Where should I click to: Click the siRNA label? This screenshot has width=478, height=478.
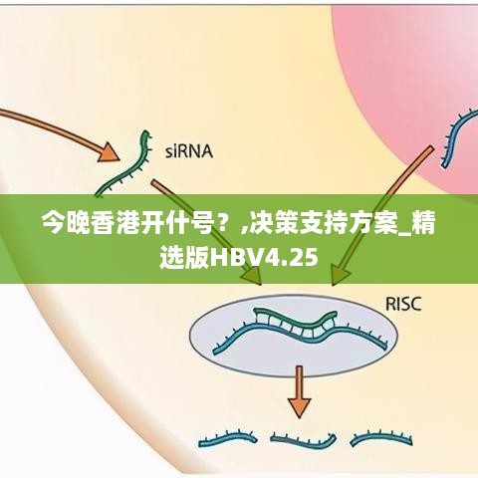(x=189, y=151)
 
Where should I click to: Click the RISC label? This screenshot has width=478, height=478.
(x=403, y=304)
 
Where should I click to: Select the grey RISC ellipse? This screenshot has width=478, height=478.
(x=294, y=336)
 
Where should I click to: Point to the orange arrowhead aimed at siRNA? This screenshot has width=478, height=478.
(x=109, y=152)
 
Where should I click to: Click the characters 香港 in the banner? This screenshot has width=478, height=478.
(x=114, y=223)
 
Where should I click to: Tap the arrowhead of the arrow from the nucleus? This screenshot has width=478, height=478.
(x=341, y=274)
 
